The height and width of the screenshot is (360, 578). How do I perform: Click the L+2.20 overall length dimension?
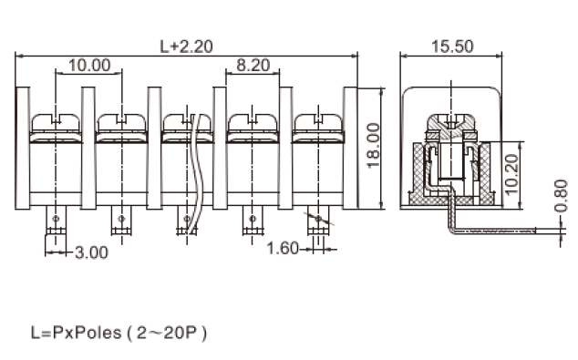(x=186, y=46)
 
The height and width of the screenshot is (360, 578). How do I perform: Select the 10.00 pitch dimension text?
(x=89, y=66)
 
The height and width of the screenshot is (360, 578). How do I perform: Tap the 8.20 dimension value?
(x=253, y=66)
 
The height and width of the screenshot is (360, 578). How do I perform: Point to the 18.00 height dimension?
(x=374, y=145)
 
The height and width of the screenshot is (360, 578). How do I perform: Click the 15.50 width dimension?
(x=452, y=46)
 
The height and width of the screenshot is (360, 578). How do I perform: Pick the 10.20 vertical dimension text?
(x=511, y=174)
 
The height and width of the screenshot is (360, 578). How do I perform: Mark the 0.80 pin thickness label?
(x=561, y=196)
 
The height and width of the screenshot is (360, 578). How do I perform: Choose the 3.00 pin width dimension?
(x=91, y=252)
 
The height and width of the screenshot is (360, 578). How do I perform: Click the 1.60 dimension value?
(x=283, y=248)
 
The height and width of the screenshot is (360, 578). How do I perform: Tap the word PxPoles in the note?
(x=88, y=333)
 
